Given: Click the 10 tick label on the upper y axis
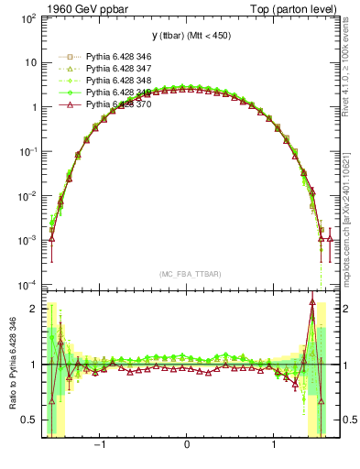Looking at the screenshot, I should (29, 62).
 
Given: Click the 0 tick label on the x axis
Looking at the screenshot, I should (187, 445).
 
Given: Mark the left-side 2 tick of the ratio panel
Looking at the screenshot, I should (32, 309).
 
